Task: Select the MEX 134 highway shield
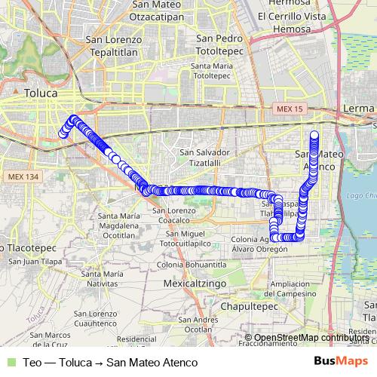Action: point(23,176)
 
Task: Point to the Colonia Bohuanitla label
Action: point(192,265)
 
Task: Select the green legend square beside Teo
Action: point(9,362)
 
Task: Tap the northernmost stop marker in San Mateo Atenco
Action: point(314,135)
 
